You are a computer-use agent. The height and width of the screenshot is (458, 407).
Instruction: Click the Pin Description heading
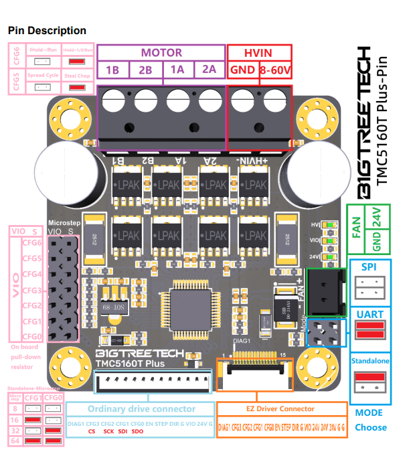(47, 31)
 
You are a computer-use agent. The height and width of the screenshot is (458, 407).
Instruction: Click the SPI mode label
(369, 266)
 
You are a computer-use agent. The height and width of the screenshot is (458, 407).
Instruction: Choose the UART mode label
(369, 313)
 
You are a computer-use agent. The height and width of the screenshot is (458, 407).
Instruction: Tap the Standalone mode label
(369, 362)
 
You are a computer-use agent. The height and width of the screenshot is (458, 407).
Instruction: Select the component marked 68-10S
(115, 306)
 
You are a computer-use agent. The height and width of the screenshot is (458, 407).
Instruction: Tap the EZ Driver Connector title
(281, 408)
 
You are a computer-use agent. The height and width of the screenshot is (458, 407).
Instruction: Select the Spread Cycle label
(43, 76)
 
